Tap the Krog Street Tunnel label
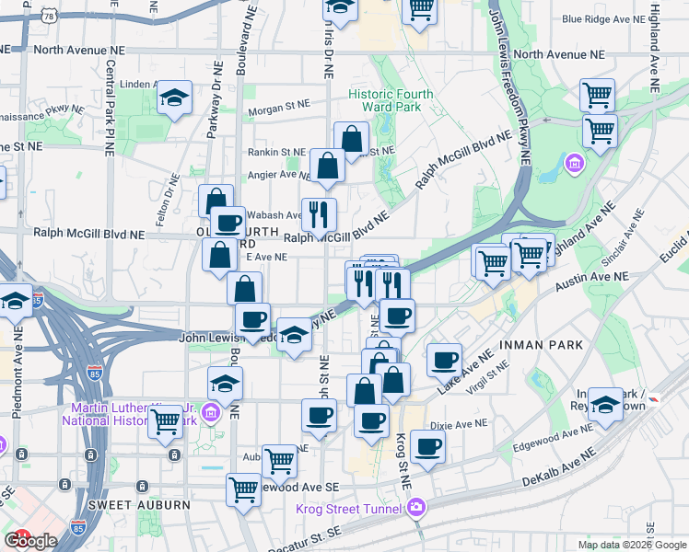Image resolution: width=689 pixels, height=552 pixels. [349, 509]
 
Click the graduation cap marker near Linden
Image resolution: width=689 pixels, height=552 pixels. [173, 98]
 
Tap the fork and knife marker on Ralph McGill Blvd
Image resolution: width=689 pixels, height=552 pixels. [319, 214]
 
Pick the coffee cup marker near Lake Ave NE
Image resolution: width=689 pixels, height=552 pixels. [444, 358]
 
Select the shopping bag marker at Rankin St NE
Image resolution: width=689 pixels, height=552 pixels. [351, 139]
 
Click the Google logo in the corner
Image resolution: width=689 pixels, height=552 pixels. [30, 541]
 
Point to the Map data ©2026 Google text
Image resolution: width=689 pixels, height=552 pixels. [632, 545]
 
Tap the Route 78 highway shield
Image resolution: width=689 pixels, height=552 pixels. [47, 17]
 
